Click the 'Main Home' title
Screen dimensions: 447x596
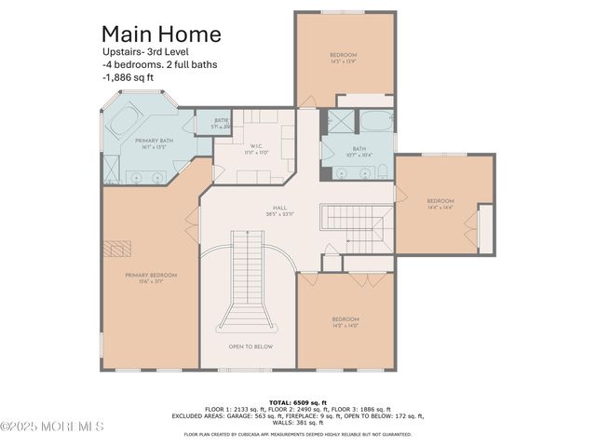click(161, 34)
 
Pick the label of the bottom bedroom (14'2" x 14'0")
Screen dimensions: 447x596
click(345, 322)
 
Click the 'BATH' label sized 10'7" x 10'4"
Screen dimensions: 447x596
click(359, 151)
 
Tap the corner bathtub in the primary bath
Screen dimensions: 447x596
click(128, 120)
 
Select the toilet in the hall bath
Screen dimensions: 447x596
click(383, 169)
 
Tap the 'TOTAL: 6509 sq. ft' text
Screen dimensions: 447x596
click(297, 400)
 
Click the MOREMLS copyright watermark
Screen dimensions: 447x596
click(52, 427)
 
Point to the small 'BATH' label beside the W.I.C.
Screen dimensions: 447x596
click(222, 122)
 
